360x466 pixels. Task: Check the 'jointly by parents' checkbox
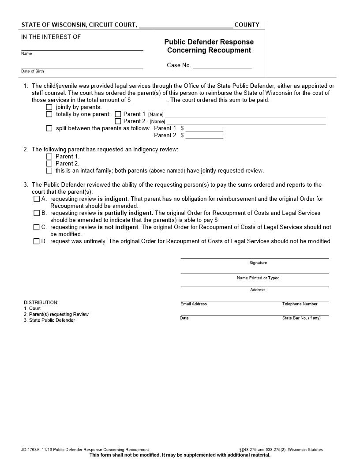click(x=49, y=107)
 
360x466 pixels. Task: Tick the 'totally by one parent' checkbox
click(x=49, y=114)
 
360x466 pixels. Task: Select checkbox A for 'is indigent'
click(x=37, y=199)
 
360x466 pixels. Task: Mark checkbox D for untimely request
click(x=37, y=241)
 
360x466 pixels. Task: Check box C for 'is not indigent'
click(x=37, y=227)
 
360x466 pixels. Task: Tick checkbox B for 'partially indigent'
click(x=37, y=213)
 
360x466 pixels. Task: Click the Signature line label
click(x=258, y=263)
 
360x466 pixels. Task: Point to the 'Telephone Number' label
click(x=300, y=304)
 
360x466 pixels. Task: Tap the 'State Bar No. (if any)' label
click(x=301, y=318)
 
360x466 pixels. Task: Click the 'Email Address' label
click(x=193, y=304)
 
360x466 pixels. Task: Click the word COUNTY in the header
click(x=247, y=25)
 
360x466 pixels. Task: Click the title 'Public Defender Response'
click(x=209, y=42)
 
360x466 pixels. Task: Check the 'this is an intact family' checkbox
click(x=49, y=171)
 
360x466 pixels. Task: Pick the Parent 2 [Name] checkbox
click(x=118, y=121)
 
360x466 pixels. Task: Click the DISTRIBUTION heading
click(x=41, y=303)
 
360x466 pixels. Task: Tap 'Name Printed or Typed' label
click(x=258, y=278)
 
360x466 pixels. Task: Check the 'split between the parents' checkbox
click(x=49, y=128)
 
